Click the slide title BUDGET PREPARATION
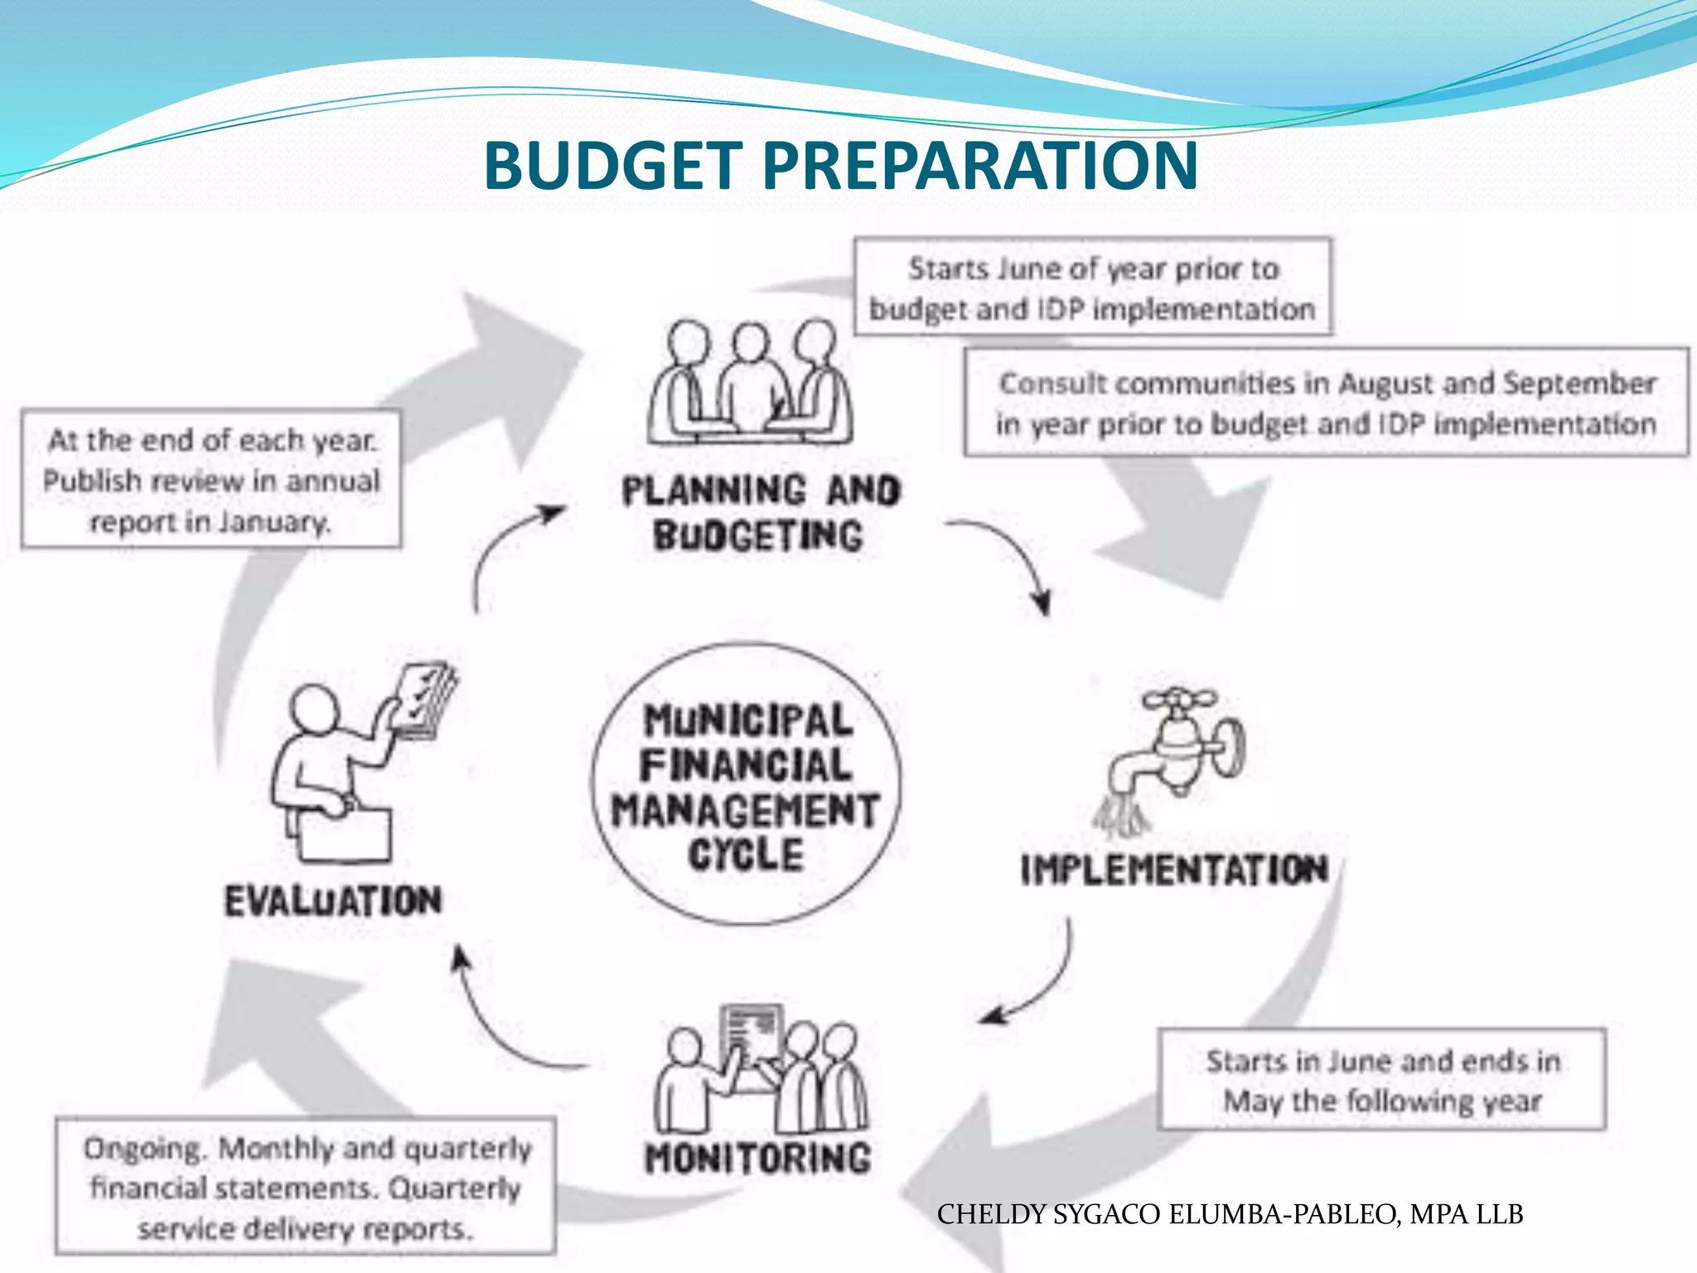coord(840,165)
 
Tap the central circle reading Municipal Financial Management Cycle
coord(747,784)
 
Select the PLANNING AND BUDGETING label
coord(760,512)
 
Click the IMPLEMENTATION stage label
coord(1174,870)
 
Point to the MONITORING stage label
coord(757,1158)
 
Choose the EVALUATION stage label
coord(333,901)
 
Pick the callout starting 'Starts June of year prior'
coord(1093,287)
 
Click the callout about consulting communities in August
coord(1326,403)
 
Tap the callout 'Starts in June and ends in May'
coord(1381,1080)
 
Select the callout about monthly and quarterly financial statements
coord(305,1187)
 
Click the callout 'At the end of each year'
coord(211,479)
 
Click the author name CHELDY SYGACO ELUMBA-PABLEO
coord(1230,1214)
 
